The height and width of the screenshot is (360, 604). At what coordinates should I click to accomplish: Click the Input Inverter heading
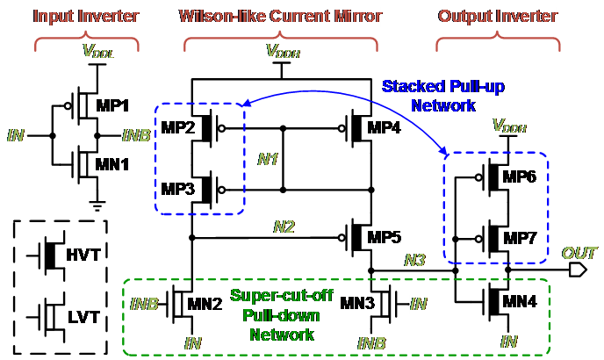point(75,17)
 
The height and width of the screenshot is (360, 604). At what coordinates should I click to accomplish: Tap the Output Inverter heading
point(496,17)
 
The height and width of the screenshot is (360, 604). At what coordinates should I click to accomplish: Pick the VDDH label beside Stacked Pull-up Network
point(509,127)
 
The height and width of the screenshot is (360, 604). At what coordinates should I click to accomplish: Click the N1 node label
point(268,160)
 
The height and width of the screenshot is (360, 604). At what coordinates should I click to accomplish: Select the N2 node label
point(284,227)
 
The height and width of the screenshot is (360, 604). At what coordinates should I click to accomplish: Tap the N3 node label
point(414,260)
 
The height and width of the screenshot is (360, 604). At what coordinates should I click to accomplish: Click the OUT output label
point(579,253)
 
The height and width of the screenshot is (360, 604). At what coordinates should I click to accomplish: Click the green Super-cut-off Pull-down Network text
point(282,314)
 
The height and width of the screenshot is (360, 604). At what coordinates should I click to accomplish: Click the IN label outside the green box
point(16,135)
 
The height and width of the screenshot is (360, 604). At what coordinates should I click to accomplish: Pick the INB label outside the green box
point(135,135)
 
